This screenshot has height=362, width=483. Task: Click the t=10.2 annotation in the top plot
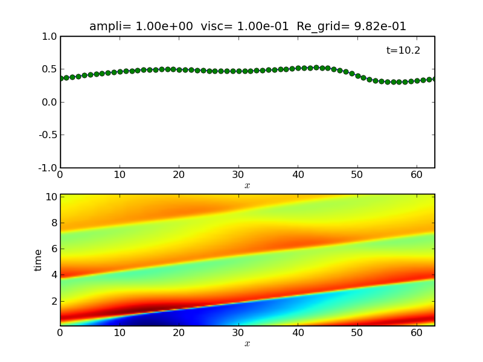(x=403, y=51)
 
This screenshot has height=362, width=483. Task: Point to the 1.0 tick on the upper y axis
(x=50, y=37)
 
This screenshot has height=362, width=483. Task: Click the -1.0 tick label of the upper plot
(x=48, y=168)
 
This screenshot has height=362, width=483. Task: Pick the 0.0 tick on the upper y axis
(x=50, y=102)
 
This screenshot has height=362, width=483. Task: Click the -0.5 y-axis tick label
(x=48, y=135)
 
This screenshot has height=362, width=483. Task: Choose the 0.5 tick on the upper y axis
(x=50, y=69)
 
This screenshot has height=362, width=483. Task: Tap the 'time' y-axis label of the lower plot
(x=39, y=260)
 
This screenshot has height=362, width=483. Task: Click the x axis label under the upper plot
(x=247, y=186)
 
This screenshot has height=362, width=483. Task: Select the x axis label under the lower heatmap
(x=247, y=344)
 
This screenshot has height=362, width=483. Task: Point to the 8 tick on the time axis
(x=53, y=223)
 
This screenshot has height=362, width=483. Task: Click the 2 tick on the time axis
(x=53, y=300)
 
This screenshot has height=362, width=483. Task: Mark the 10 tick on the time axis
(x=50, y=197)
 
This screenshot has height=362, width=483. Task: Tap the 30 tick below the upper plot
(x=238, y=175)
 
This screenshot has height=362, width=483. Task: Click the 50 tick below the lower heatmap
(x=357, y=333)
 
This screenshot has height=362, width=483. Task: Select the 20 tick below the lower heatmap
(x=179, y=333)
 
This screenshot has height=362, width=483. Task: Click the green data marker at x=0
(x=61, y=78)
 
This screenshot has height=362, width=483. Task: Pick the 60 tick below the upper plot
(x=417, y=175)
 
